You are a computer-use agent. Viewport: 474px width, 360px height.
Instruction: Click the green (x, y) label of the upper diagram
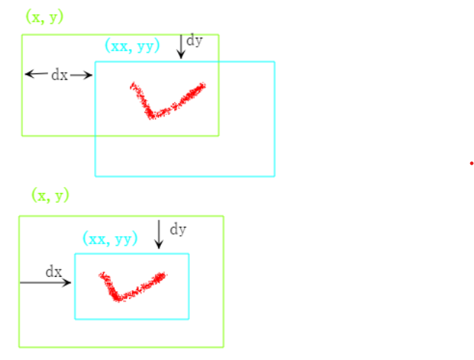tap(45, 17)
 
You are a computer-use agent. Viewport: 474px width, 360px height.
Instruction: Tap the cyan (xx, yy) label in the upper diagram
tap(132, 46)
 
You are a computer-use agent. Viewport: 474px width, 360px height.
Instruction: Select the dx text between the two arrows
tap(59, 74)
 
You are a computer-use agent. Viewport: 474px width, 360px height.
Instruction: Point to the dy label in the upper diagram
tap(194, 41)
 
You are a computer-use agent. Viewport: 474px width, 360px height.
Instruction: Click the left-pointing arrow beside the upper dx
tap(36, 74)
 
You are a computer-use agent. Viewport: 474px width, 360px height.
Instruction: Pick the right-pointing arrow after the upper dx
tap(82, 74)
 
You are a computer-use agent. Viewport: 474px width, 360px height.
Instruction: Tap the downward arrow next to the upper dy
tap(180, 46)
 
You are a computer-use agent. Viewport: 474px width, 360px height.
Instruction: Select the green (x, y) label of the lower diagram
tap(50, 195)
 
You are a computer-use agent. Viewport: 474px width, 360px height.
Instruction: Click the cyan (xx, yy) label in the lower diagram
tap(111, 239)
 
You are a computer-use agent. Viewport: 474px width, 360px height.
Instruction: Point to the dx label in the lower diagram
tap(54, 272)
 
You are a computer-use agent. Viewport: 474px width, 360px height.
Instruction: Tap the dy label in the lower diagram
tap(178, 229)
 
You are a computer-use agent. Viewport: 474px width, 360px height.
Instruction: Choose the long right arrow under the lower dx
tap(45, 282)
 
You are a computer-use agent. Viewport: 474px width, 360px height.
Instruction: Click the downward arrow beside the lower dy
tap(159, 235)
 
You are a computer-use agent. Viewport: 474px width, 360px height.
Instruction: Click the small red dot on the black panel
tap(471, 163)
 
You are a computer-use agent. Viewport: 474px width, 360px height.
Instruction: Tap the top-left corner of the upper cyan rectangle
tap(95, 62)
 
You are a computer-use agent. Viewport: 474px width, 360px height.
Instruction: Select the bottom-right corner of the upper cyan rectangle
tap(274, 176)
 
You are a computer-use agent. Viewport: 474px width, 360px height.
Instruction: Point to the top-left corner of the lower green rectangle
tap(19, 216)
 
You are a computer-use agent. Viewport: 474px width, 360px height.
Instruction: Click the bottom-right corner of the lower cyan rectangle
tap(188, 318)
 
